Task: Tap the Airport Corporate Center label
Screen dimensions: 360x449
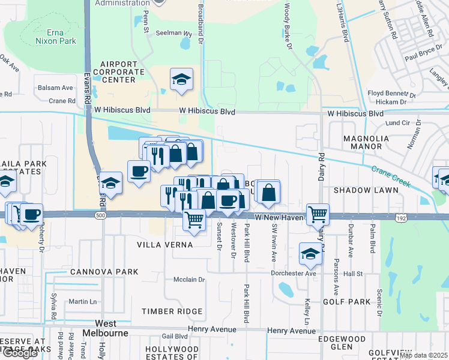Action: pos(122,71)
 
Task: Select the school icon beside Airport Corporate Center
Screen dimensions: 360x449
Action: pos(181,80)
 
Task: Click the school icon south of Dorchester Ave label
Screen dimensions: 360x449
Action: pos(310,255)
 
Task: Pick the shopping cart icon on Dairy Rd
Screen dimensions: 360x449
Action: pos(318,214)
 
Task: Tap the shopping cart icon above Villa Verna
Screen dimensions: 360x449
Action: pos(194,221)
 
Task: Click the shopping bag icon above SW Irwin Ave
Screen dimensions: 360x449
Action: pos(270,192)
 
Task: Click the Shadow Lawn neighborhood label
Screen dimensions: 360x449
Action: pos(366,190)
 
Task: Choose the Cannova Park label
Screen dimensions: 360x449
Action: pos(104,272)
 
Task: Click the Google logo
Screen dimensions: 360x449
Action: pos(20,353)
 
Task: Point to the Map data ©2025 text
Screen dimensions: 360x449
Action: pos(423,355)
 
